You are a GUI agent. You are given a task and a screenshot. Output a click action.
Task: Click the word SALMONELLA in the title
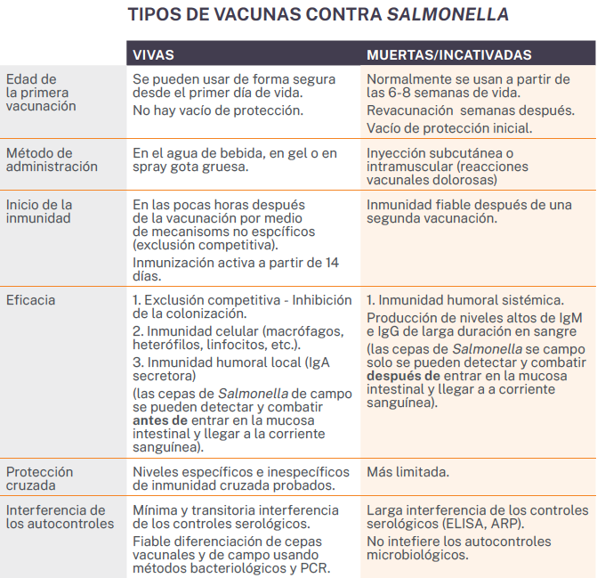coord(454,14)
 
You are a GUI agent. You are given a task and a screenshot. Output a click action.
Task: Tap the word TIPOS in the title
coord(153,14)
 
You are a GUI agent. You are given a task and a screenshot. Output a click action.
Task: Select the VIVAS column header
coord(153,55)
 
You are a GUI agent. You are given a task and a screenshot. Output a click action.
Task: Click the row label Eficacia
coord(31,300)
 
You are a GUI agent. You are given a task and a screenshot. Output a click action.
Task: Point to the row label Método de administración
coord(52,159)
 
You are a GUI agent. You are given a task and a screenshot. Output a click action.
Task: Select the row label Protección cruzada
coord(40,478)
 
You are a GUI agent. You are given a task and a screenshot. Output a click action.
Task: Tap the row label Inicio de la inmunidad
coord(39,211)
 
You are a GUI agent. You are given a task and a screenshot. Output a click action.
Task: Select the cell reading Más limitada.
coord(407,472)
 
